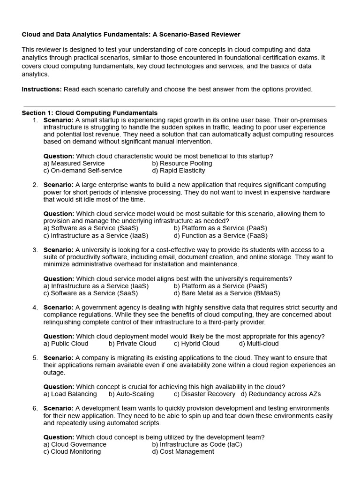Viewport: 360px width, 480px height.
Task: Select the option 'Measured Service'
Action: (x=74, y=163)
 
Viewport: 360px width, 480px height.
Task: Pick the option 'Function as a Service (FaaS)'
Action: (x=220, y=236)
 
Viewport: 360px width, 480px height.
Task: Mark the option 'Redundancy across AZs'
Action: (x=281, y=394)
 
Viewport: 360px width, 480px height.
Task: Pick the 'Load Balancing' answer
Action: (x=70, y=394)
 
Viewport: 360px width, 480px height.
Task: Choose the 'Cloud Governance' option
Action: (x=75, y=444)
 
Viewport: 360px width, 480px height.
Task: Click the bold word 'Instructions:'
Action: (x=42, y=89)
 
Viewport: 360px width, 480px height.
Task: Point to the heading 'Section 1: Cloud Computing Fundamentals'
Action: (x=90, y=113)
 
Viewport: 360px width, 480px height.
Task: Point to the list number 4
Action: (x=35, y=307)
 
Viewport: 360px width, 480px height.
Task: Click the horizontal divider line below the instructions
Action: (x=180, y=106)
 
